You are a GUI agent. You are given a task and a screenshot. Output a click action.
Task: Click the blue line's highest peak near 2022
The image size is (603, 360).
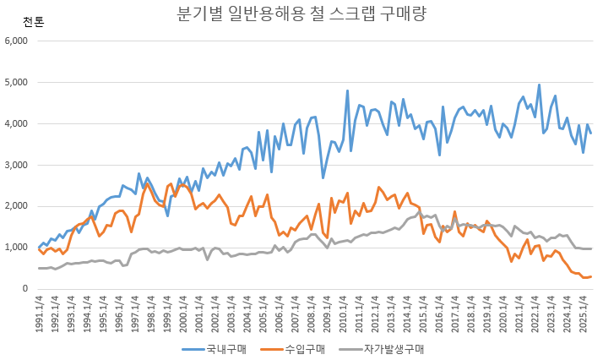539,85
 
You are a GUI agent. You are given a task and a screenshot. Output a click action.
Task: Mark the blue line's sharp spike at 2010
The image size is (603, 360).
347,90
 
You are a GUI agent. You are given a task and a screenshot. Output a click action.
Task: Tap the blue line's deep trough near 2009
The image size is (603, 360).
323,177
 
